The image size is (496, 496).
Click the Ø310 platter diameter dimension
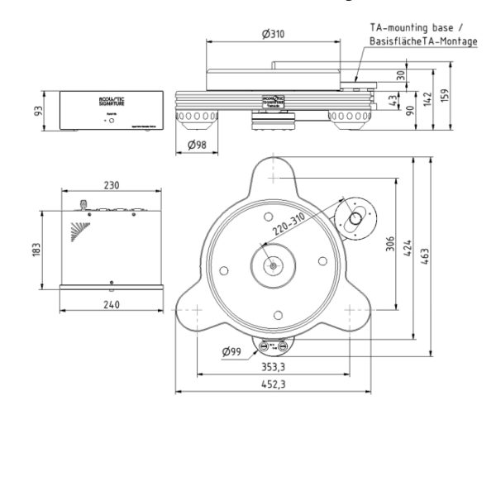[273, 34]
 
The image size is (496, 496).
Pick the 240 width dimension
[111, 304]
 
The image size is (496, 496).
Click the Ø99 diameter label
[232, 352]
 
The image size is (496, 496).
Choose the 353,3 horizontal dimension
[272, 367]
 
